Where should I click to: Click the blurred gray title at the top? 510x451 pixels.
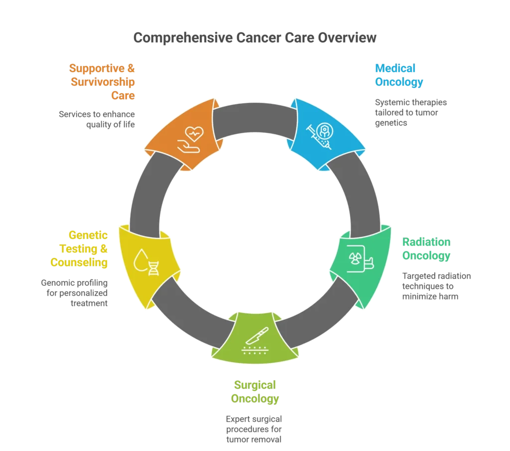(x=255, y=38)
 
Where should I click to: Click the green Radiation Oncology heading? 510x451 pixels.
(x=427, y=249)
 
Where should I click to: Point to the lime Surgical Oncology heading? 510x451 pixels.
(x=255, y=392)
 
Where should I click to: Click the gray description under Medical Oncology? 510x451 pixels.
(x=411, y=112)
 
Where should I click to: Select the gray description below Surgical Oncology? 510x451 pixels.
(x=253, y=429)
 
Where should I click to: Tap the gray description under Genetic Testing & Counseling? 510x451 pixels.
(x=75, y=291)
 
